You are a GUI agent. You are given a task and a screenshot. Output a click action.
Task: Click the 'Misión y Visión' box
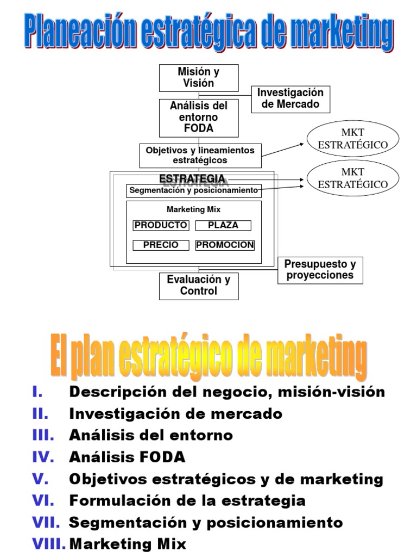click(x=198, y=78)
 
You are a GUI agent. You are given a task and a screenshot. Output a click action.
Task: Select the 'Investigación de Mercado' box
click(x=290, y=98)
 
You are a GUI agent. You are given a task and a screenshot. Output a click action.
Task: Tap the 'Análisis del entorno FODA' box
click(x=198, y=117)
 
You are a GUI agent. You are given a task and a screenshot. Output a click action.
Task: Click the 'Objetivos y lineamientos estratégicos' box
click(x=200, y=155)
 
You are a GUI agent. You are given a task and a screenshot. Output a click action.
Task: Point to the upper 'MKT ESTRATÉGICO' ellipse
click(x=352, y=139)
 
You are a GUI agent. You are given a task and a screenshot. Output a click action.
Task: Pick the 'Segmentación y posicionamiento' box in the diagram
click(x=194, y=191)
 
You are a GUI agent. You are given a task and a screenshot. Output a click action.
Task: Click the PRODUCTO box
click(x=161, y=225)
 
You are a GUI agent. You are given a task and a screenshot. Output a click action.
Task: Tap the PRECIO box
click(x=161, y=245)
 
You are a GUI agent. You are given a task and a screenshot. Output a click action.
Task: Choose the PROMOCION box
click(x=225, y=245)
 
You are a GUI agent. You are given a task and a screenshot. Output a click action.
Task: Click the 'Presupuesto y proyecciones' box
click(x=320, y=270)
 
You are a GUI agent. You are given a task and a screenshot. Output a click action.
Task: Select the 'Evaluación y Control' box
click(x=198, y=286)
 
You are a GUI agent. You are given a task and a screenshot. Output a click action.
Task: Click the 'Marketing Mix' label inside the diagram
click(x=193, y=209)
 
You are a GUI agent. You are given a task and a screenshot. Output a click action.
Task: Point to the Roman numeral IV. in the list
click(x=43, y=457)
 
